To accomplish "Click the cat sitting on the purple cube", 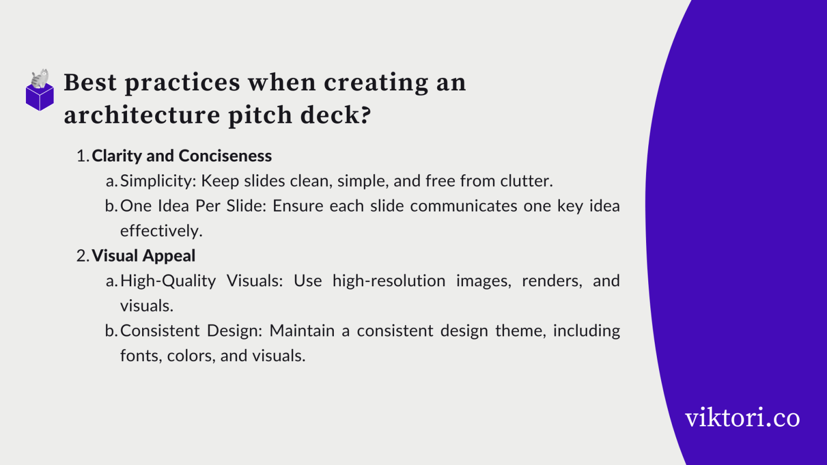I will pos(39,79).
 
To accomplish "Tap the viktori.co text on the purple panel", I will pos(742,418).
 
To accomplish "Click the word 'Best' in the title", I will pos(90,83).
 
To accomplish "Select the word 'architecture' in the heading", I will pos(142,115).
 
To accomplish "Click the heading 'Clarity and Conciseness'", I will pos(181,156).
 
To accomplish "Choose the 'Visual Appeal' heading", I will pos(143,256).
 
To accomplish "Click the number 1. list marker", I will pos(82,156).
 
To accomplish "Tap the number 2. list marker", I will pos(82,256).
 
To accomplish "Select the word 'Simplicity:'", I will pos(158,181).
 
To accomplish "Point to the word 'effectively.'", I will pos(161,231).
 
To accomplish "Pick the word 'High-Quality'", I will pos(168,281).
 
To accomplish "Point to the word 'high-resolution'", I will pos(389,281).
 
